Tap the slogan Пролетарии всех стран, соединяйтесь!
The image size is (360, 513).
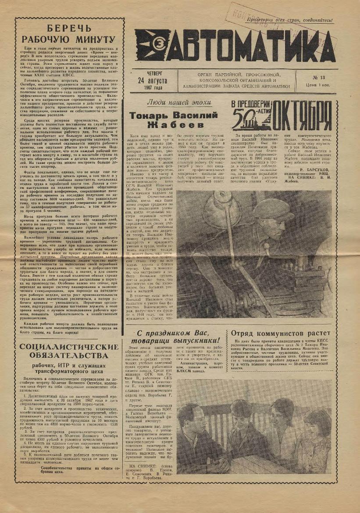[x=289, y=20]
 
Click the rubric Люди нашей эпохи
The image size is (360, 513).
[x=178, y=103]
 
